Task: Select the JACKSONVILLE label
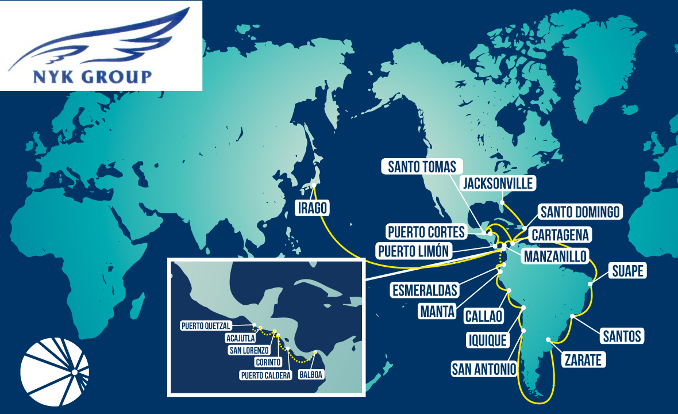click(499, 183)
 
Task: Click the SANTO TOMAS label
click(422, 167)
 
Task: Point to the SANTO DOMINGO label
click(580, 212)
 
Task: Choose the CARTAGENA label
click(559, 235)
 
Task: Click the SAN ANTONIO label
click(484, 369)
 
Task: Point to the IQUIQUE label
click(487, 340)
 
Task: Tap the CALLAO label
click(483, 316)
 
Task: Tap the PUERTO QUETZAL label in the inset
click(206, 325)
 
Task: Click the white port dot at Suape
click(590, 283)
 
